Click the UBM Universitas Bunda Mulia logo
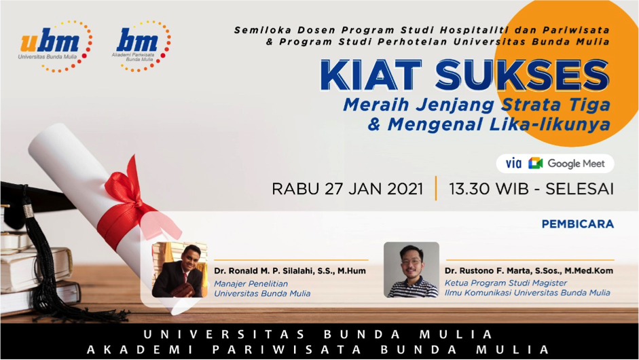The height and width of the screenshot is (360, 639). click(56, 46)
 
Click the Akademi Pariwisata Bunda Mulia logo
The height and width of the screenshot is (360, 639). click(141, 46)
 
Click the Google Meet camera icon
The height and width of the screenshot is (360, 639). click(536, 164)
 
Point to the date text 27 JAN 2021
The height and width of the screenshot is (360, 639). click(374, 190)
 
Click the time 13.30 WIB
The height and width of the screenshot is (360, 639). click(489, 190)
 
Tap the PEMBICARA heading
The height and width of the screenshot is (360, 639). click(577, 224)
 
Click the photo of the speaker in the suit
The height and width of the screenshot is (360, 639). click(180, 270)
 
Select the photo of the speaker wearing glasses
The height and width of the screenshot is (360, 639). click(412, 270)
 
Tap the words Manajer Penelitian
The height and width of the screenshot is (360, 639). click(251, 284)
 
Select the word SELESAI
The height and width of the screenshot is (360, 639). click(579, 190)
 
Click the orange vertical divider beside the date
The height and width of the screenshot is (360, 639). click(436, 188)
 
